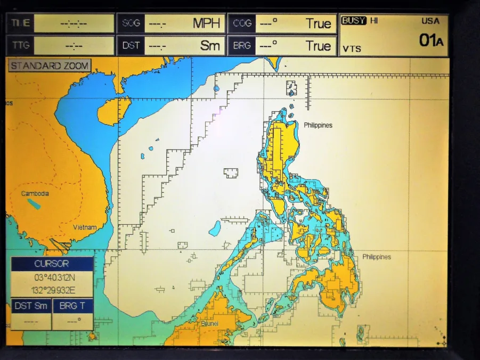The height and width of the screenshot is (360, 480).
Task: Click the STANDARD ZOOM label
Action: pyautogui.click(x=50, y=66)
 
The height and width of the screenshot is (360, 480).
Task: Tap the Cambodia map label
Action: pyautogui.click(x=35, y=193)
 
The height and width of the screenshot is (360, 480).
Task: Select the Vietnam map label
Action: pyautogui.click(x=85, y=227)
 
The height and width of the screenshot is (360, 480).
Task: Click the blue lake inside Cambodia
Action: pyautogui.click(x=34, y=204)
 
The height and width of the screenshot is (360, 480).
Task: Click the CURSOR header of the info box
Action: pyautogui.click(x=52, y=264)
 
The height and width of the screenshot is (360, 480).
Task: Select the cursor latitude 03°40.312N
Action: pyautogui.click(x=52, y=277)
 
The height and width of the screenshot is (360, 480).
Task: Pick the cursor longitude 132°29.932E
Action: pyautogui.click(x=52, y=290)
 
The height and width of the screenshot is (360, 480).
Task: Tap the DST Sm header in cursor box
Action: pyautogui.click(x=31, y=306)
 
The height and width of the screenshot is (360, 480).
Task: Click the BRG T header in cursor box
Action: pyautogui.click(x=72, y=306)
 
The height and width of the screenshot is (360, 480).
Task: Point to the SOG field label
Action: pyautogui.click(x=131, y=23)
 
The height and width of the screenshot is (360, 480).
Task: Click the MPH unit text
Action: pyautogui.click(x=206, y=23)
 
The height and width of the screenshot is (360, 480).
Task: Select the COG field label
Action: pyautogui.click(x=242, y=23)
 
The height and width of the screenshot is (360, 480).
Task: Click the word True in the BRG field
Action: pyautogui.click(x=318, y=46)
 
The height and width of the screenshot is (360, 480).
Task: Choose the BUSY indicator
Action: pyautogui.click(x=353, y=21)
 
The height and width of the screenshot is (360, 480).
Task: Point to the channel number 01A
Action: pyautogui.click(x=430, y=40)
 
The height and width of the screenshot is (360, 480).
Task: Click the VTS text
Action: pyautogui.click(x=352, y=48)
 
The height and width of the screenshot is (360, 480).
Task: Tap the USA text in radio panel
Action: pyautogui.click(x=430, y=21)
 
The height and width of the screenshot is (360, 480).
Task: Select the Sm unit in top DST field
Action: pyautogui.click(x=210, y=46)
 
